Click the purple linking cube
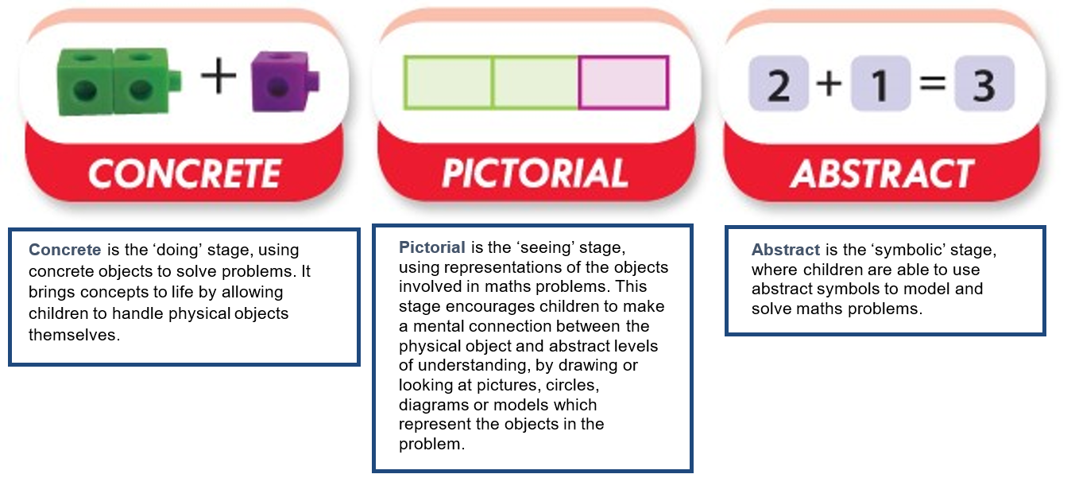(284, 82)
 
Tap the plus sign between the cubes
(218, 76)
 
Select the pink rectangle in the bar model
(624, 83)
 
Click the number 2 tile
(779, 84)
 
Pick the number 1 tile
(880, 84)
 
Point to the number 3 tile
(984, 84)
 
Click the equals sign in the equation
(933, 83)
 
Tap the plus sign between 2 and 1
(829, 84)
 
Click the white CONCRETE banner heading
(185, 173)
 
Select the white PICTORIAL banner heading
(535, 173)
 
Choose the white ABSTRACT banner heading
(882, 173)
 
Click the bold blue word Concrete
(65, 250)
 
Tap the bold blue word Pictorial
(432, 247)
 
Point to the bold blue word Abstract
(786, 250)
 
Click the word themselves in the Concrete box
(75, 335)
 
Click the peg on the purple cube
(313, 80)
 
